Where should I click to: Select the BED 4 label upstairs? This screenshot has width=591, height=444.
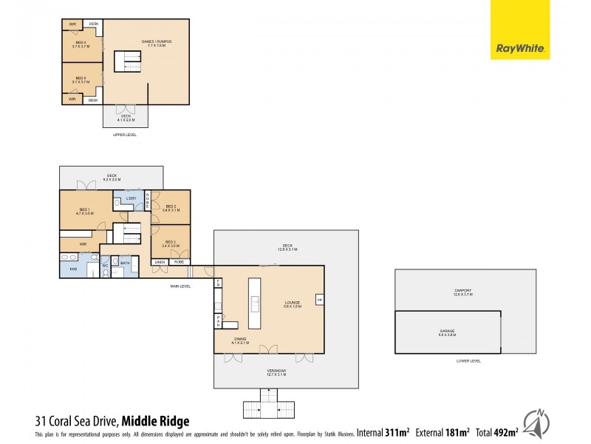pos(81,44)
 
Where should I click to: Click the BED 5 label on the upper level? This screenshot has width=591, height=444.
pos(81,79)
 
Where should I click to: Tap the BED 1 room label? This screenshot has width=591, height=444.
pos(83,211)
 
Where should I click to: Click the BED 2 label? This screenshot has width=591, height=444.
pos(170,208)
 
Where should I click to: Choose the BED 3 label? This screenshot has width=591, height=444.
pos(170,243)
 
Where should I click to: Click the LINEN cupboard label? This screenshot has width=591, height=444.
pos(159,262)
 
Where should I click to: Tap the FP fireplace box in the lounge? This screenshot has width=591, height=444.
pos(319,299)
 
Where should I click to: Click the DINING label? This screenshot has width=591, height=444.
pos(240,342)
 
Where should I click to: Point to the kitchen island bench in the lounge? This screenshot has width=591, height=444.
pos(255,303)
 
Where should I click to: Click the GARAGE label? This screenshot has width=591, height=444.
pos(447,332)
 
